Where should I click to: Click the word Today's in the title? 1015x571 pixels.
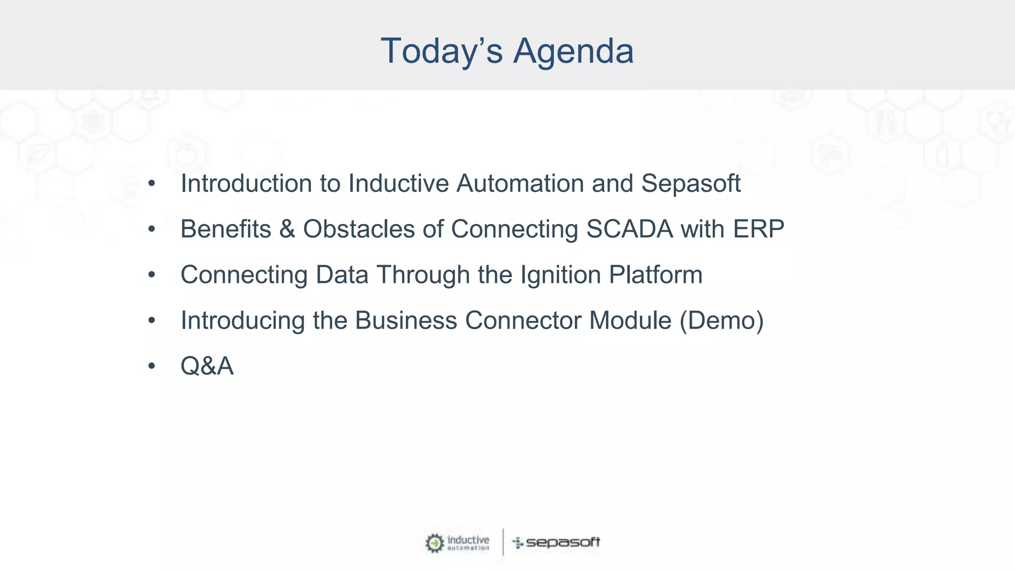click(442, 52)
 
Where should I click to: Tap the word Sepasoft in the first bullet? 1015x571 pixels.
click(691, 184)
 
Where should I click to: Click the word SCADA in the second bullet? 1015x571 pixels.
click(629, 229)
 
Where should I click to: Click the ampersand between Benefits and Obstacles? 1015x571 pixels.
click(287, 229)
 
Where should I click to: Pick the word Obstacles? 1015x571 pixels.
click(359, 229)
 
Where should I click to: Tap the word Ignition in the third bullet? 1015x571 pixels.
click(560, 276)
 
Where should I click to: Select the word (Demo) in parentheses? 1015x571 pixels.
click(722, 321)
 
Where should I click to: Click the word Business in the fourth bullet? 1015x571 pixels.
click(406, 321)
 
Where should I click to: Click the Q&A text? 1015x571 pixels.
click(207, 367)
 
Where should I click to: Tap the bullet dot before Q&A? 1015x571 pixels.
click(152, 366)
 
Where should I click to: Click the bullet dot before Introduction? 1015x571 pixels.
click(152, 184)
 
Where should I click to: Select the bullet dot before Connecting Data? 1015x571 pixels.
click(152, 275)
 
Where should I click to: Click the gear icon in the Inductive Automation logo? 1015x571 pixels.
click(435, 543)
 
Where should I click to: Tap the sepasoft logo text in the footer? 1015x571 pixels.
click(563, 543)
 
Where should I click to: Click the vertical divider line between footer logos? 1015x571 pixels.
click(503, 542)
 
